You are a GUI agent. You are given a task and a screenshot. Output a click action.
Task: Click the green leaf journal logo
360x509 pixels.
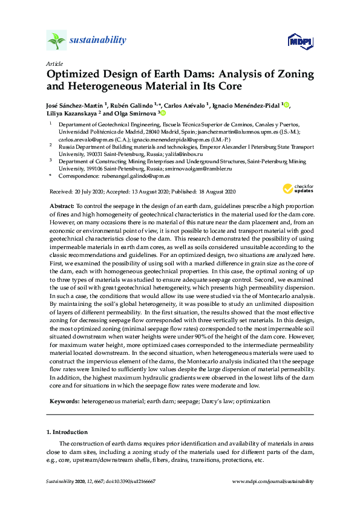56,41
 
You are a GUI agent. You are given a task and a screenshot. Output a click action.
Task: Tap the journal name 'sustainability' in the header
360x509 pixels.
98,41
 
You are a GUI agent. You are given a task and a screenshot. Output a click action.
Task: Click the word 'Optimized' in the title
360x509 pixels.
75,75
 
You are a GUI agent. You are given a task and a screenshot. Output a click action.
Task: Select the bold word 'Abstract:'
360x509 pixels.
61,206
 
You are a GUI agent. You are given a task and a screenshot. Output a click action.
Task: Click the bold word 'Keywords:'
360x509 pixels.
63,401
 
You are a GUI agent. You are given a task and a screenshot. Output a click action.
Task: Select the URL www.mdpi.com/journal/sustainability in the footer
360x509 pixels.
273,481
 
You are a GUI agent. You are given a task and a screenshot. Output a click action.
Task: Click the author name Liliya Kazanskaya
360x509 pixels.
74,113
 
